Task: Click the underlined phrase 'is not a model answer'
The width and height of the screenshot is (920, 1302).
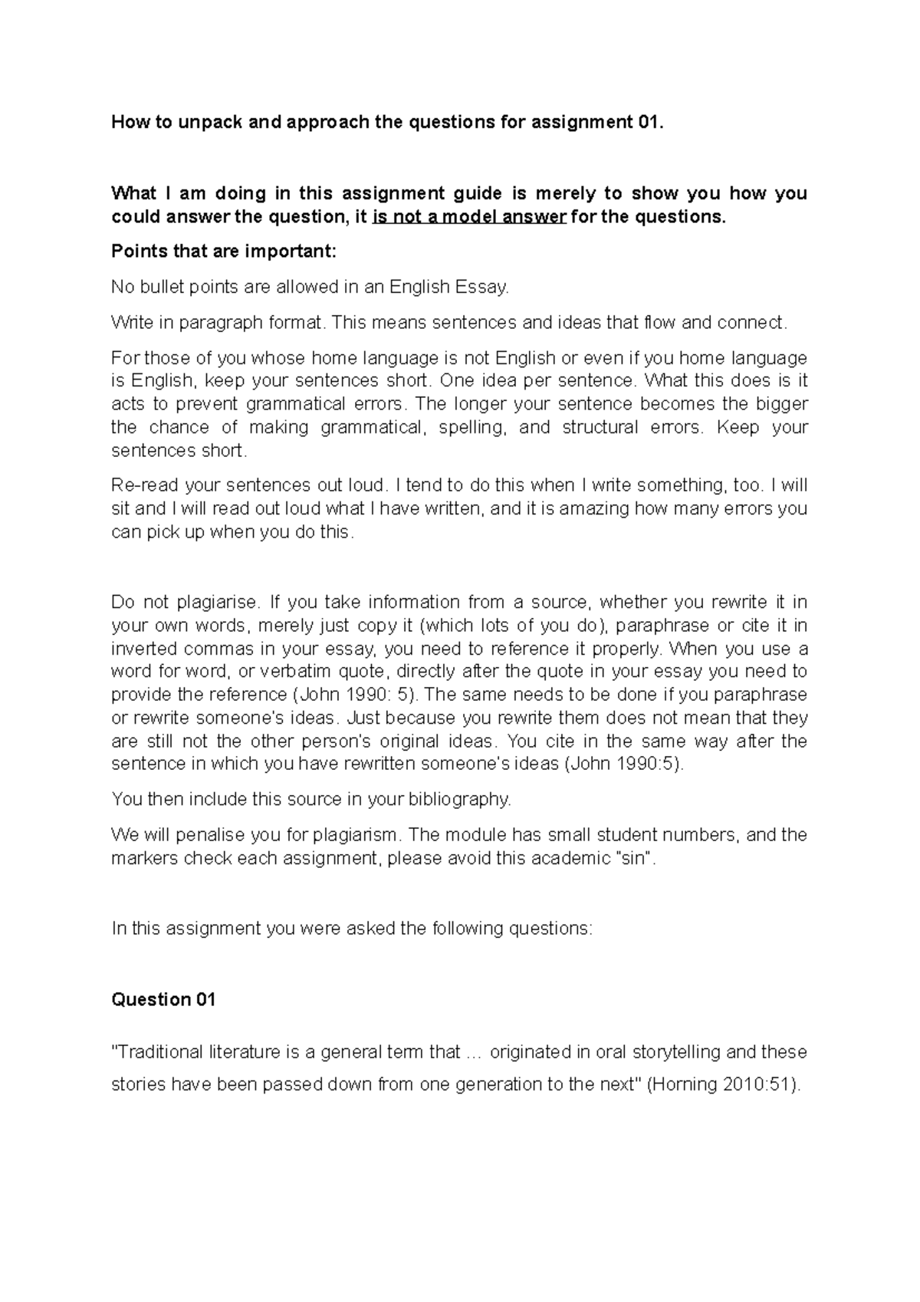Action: pos(469,217)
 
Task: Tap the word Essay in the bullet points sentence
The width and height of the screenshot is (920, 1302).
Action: pos(481,288)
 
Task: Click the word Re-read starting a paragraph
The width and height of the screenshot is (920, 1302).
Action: pos(138,485)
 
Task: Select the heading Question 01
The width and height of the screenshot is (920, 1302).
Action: pos(163,1000)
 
